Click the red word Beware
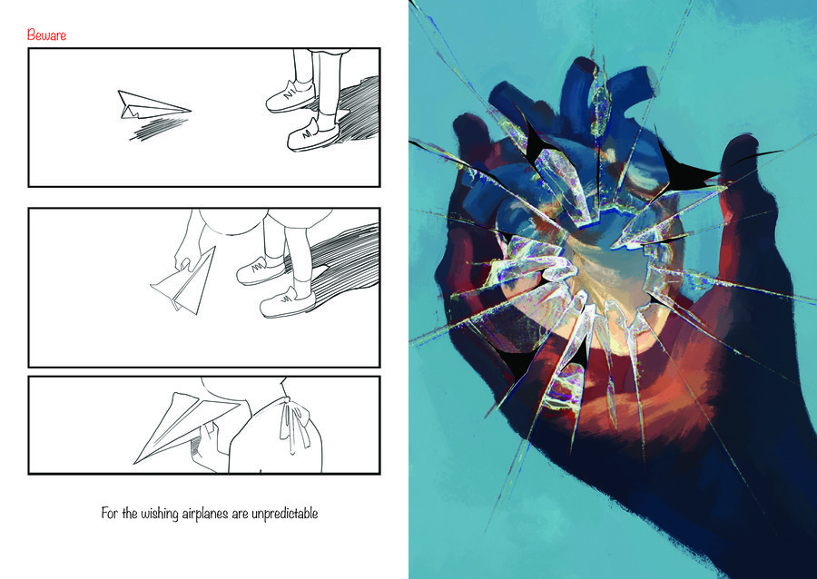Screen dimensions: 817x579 pyautogui.click(x=46, y=35)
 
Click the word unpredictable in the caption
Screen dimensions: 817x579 pyautogui.click(x=284, y=514)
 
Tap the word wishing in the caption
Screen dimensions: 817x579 pyautogui.click(x=160, y=514)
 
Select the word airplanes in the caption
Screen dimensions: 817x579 pyautogui.click(x=205, y=514)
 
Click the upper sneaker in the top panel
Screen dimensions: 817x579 pyautogui.click(x=290, y=96)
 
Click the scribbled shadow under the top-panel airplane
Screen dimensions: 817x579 pyautogui.click(x=159, y=128)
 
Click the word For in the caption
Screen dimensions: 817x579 pyautogui.click(x=110, y=514)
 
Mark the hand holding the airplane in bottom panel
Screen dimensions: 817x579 pyautogui.click(x=206, y=446)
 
